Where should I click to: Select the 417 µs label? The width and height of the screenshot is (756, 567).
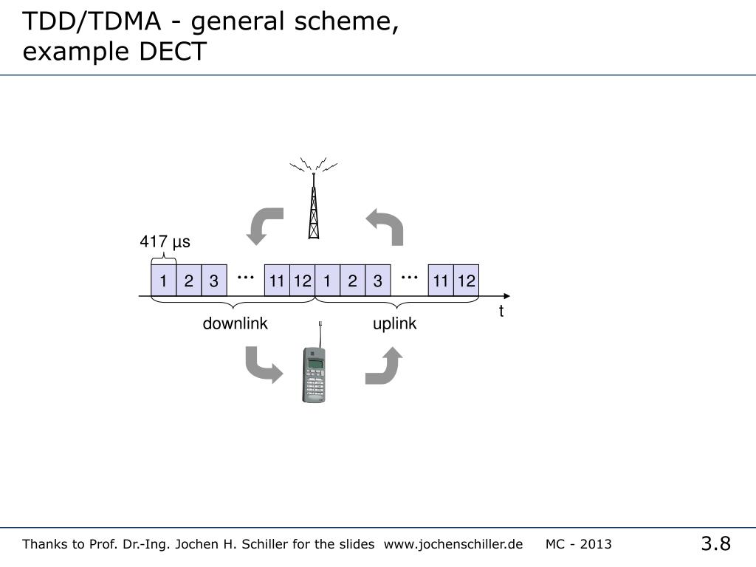click(x=165, y=242)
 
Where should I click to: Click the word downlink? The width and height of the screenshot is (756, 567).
click(x=236, y=324)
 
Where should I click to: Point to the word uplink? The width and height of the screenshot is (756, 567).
click(x=394, y=324)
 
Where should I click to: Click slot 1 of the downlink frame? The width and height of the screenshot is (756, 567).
click(x=164, y=281)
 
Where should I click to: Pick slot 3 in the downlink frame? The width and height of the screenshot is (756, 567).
click(x=213, y=281)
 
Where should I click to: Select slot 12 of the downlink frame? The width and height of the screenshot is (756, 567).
click(x=303, y=281)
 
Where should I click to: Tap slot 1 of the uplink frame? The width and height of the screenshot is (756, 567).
click(x=327, y=281)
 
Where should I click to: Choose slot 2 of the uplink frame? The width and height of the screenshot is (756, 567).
click(x=352, y=281)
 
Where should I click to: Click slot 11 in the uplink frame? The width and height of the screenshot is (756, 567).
click(x=441, y=281)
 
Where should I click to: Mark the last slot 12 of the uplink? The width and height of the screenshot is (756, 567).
click(x=466, y=281)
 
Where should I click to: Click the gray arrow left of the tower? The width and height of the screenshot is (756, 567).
click(x=265, y=225)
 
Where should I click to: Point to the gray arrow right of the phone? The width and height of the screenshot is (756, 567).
click(x=384, y=366)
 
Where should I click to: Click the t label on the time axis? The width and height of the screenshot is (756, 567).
click(x=501, y=312)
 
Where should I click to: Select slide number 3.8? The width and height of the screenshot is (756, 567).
click(x=715, y=545)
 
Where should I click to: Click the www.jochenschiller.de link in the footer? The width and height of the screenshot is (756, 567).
click(x=453, y=545)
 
